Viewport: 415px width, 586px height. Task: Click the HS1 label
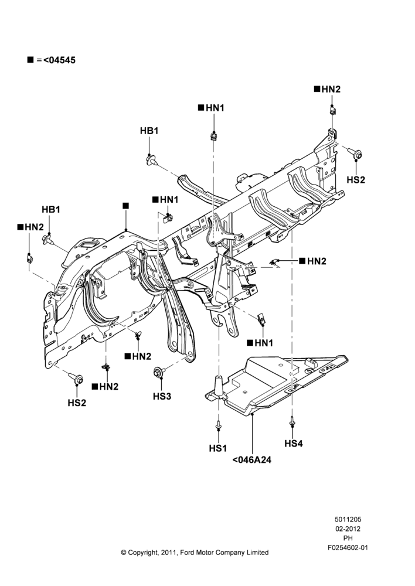(218, 448)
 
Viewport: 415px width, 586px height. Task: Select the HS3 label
(162, 396)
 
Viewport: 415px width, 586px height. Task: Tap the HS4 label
(294, 444)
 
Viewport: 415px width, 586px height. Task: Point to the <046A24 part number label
(251, 460)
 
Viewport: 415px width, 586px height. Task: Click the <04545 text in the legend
(59, 60)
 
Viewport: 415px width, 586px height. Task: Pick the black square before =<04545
(30, 60)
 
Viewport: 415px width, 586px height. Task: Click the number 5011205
(348, 519)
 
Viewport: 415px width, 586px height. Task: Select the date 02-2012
(348, 529)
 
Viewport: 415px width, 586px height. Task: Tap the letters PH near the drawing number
(348, 539)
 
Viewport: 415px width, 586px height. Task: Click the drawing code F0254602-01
(348, 548)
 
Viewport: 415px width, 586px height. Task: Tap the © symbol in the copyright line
(123, 553)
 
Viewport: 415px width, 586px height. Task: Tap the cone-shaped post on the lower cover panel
(218, 385)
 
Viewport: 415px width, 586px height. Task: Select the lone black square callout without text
(125, 206)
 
